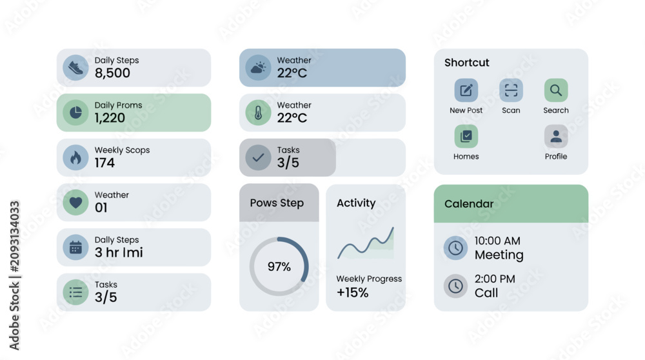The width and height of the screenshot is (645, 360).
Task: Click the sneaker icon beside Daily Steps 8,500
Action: coord(75,68)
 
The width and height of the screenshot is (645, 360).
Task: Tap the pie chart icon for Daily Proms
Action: coord(75,112)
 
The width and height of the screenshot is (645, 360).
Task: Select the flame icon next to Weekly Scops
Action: coord(75,157)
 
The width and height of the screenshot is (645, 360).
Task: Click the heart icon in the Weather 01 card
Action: coord(75,202)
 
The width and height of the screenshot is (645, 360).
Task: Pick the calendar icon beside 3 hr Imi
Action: coord(75,247)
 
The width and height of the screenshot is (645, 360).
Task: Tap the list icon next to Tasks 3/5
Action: coord(75,292)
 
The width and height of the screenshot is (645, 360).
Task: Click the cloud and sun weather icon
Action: coord(259,68)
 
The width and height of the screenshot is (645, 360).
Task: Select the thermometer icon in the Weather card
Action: coord(259,112)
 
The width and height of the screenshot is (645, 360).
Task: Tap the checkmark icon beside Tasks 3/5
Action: coord(259,157)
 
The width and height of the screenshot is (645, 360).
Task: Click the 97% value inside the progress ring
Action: coord(279,266)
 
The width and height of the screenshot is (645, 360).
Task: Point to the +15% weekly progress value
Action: coord(353,292)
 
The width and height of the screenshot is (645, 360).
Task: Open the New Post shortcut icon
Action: coord(466,90)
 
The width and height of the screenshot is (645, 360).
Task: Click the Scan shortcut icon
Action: coord(511,90)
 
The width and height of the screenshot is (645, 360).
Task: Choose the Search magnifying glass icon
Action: coord(556,90)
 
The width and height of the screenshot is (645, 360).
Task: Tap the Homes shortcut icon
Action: coord(466,136)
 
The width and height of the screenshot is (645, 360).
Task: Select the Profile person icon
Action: coord(556,136)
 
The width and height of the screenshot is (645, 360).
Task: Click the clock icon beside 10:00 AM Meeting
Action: coord(455,248)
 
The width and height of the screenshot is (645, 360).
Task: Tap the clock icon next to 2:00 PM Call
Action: coord(455,286)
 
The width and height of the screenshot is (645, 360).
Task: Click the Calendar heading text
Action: coord(469,204)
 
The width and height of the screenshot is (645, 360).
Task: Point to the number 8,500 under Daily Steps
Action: coord(112,73)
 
